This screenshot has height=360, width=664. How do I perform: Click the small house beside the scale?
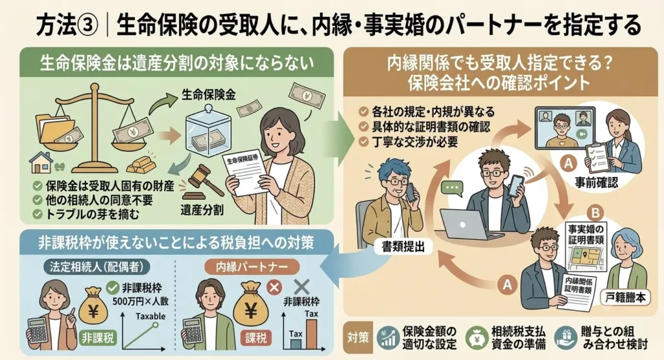click(x=41, y=163)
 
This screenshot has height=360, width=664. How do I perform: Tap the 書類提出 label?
click(x=403, y=247)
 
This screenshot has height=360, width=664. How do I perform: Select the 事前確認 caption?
click(x=597, y=182)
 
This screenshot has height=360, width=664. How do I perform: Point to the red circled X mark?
click(x=274, y=287)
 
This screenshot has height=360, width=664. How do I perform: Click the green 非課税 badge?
click(x=98, y=338)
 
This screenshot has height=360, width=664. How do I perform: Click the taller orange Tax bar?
click(x=312, y=334)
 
